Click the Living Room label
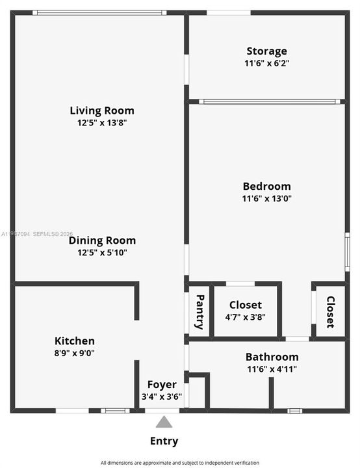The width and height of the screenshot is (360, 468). [102, 110]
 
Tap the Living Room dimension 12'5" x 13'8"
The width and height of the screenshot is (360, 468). [102, 123]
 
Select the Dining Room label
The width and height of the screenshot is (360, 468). [102, 240]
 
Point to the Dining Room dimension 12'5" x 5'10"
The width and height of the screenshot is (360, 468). [102, 252]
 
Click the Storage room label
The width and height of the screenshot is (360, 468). [266, 51]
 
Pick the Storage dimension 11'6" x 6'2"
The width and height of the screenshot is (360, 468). [266, 63]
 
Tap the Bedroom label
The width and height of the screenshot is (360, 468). [266, 187]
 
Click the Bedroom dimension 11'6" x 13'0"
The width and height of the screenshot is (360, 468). [266, 198]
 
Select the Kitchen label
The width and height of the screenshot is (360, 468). [75, 341]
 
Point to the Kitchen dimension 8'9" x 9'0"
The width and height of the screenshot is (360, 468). [74, 353]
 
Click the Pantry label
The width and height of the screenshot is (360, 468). [199, 312]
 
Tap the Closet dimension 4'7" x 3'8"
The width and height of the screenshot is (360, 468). [246, 317]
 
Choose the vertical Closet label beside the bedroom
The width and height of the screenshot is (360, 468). [331, 312]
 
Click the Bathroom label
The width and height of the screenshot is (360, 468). [272, 357]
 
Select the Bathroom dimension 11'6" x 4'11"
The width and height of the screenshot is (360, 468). [272, 369]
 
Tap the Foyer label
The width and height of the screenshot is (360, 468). [162, 385]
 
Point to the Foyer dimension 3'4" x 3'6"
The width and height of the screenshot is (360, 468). [162, 396]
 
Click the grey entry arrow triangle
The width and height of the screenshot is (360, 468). [164, 422]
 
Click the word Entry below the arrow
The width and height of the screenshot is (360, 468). [164, 441]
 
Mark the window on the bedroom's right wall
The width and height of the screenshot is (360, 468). [347, 252]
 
